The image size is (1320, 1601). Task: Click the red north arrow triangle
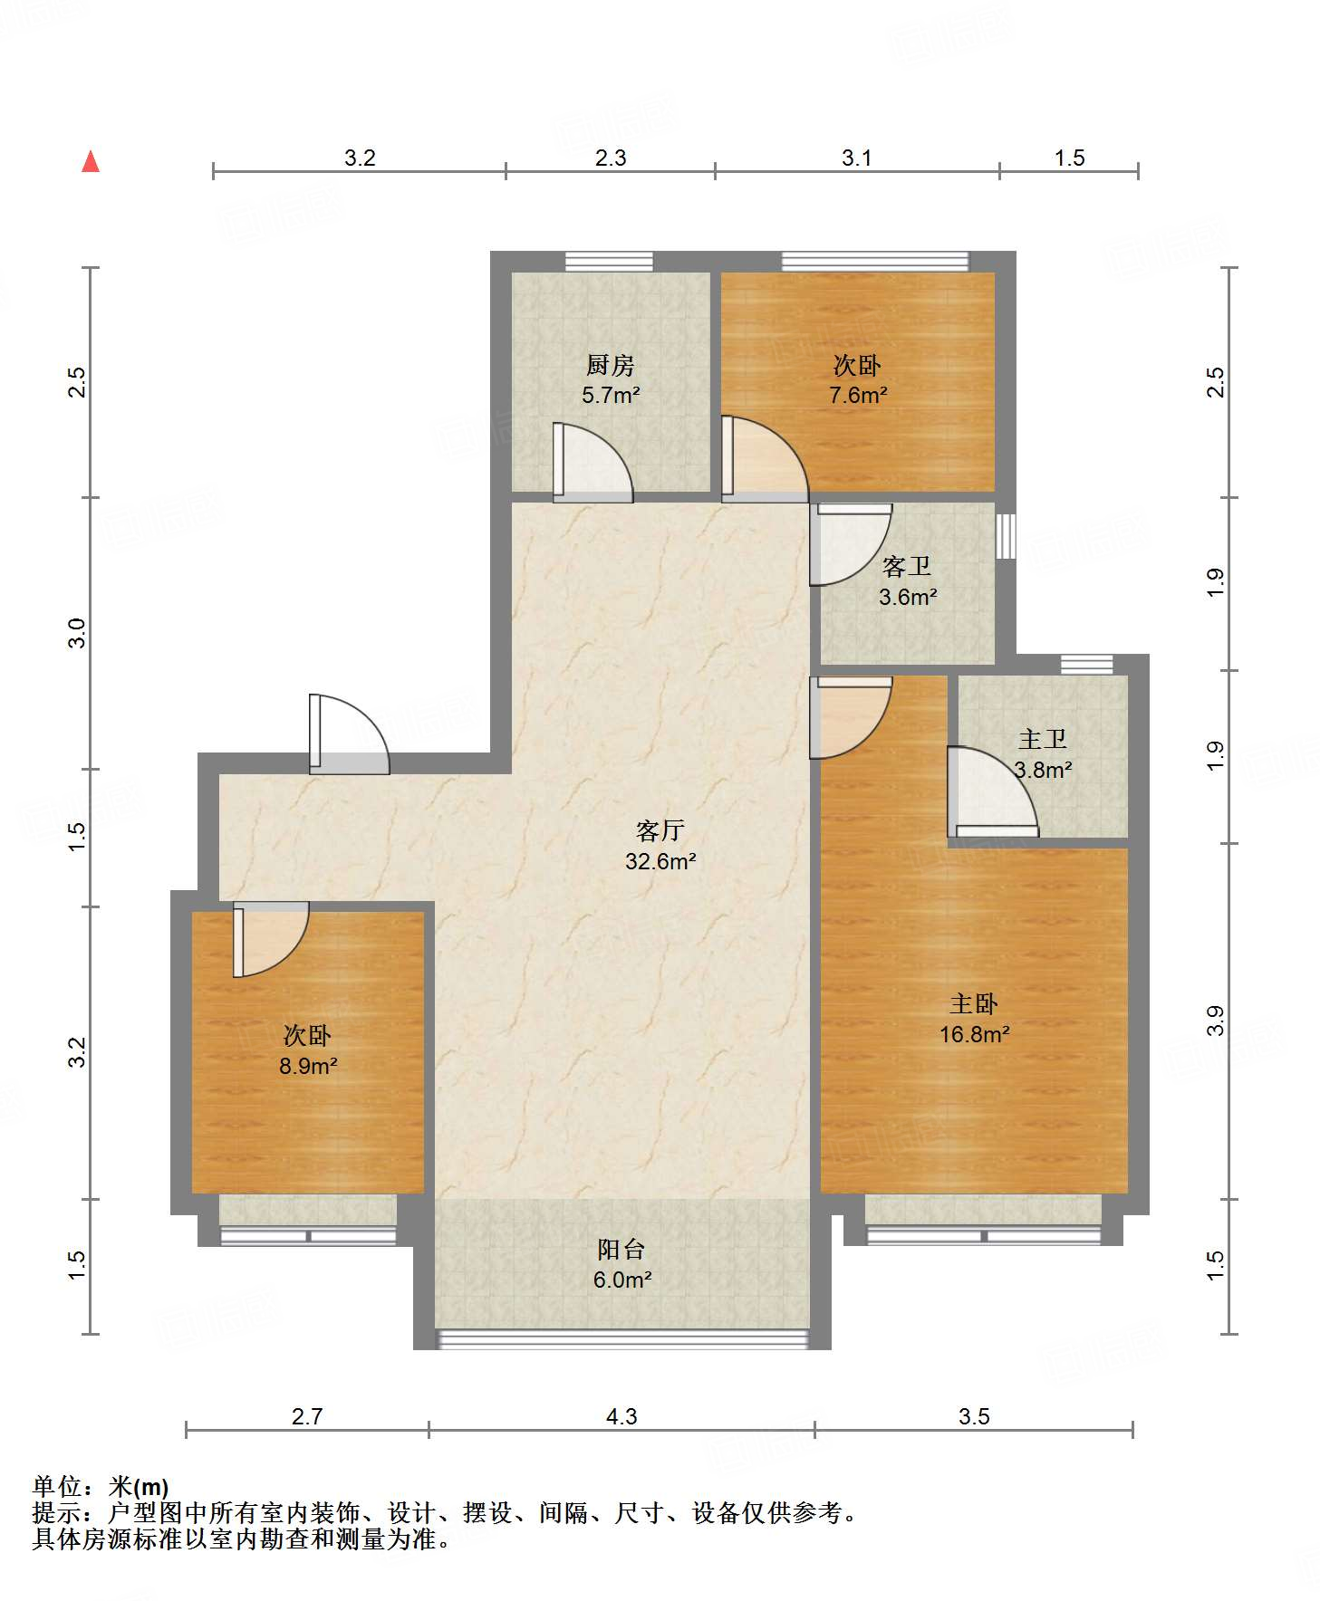91,161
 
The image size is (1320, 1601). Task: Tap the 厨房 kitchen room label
610,365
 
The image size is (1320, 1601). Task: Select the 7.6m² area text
857,395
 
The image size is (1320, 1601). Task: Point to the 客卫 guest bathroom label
907,567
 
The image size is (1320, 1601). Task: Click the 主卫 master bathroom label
1042,739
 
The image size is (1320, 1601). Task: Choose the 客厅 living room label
660,830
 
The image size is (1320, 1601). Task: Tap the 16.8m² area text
974,1034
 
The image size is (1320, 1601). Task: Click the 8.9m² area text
308,1066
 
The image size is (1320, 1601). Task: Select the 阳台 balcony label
621,1250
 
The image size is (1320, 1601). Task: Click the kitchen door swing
593,463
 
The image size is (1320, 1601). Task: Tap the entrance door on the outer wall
349,734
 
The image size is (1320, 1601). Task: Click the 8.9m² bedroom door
271,939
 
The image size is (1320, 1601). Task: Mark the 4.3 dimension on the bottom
621,1416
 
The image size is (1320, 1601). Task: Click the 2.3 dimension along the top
611,158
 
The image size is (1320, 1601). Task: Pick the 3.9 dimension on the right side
1216,1021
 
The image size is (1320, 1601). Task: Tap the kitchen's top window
609,262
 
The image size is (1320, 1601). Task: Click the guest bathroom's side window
1006,536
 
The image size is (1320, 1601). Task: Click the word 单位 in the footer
57,1487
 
